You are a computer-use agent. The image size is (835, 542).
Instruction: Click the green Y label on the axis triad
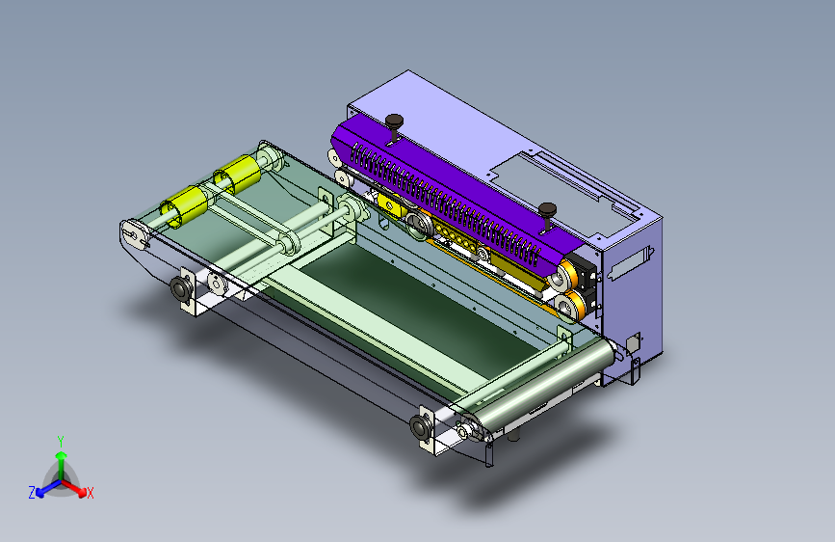61,442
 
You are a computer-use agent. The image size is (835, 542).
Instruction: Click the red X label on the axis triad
90,493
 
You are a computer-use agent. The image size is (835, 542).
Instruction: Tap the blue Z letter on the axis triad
32,493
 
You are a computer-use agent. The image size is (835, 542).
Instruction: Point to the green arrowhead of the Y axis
62,455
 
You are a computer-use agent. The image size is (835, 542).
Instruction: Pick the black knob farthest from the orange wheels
394,122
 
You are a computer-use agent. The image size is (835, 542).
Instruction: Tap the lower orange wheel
569,306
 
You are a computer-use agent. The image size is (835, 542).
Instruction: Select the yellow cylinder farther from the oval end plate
237,175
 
